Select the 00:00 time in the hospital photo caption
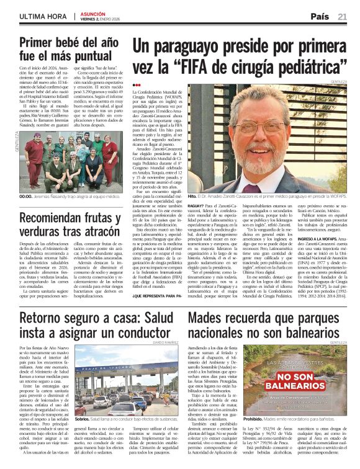tap(27, 195)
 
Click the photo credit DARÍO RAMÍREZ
tap(164, 341)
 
